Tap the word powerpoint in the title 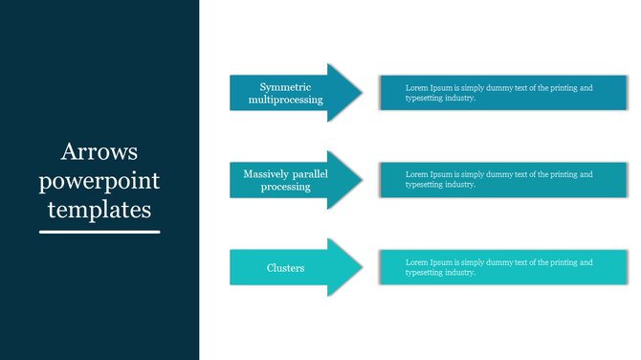click(99, 180)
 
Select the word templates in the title click(99, 208)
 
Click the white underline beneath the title click(99, 231)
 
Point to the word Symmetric click(285, 87)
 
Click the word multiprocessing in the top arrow click(285, 100)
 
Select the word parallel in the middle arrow click(312, 174)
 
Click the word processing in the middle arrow click(285, 187)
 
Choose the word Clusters click(285, 268)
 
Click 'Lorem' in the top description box click(417, 88)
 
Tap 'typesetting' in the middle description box click(426, 186)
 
